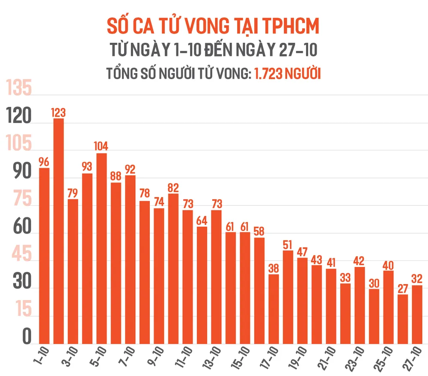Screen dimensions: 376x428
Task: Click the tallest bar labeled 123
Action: [x=58, y=231]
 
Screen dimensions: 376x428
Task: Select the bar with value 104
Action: [x=101, y=248]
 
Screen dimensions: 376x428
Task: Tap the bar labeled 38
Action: [x=273, y=309]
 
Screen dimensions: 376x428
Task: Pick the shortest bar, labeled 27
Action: [x=402, y=319]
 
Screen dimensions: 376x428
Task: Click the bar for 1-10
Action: [x=44, y=256]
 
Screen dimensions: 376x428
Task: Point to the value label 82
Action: [x=173, y=188]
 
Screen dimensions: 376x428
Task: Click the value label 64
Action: [x=202, y=221]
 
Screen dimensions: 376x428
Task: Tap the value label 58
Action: [x=259, y=231]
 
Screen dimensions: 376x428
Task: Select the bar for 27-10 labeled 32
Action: [x=417, y=314]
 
